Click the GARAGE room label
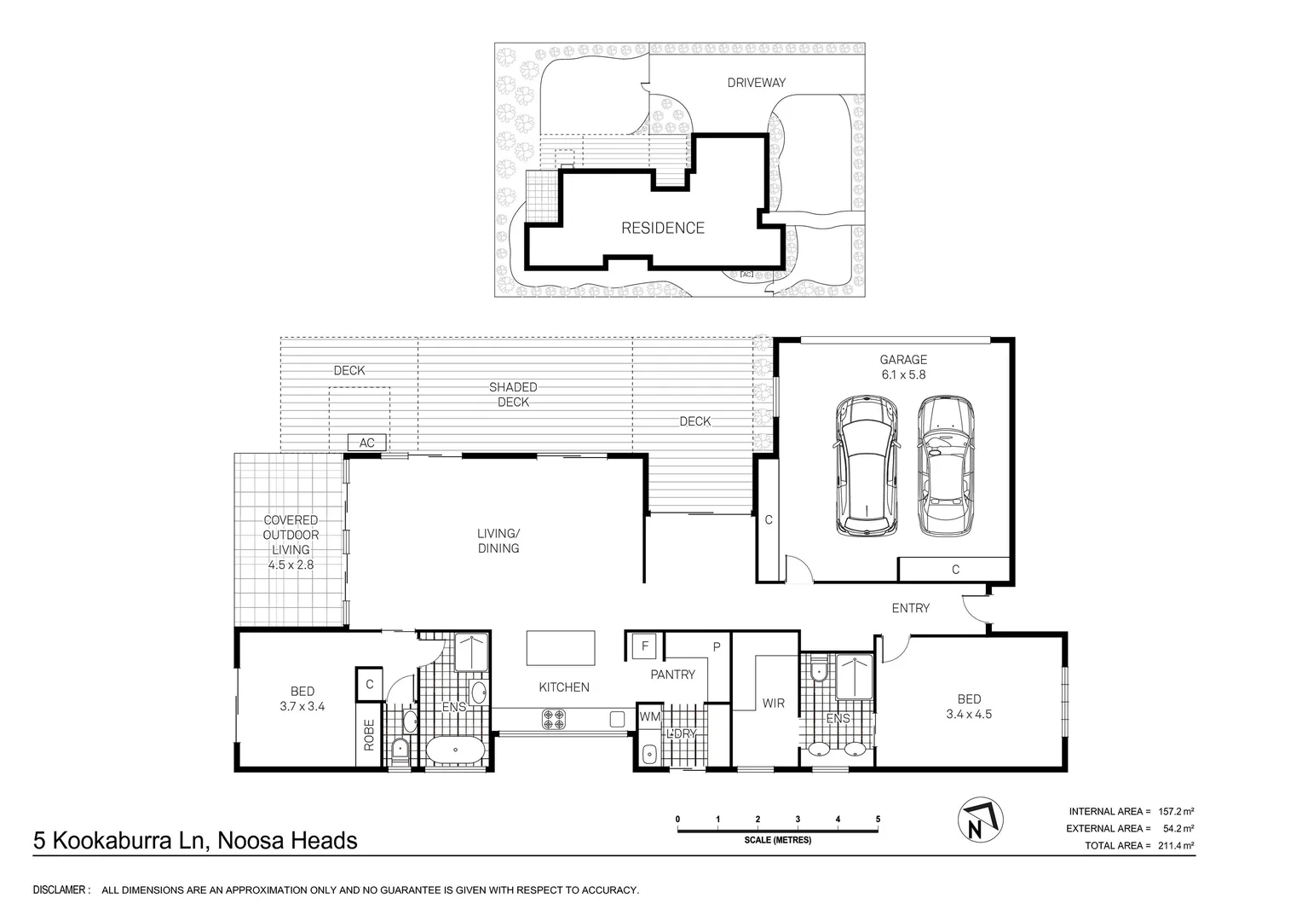(903, 360)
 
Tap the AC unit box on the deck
(366, 443)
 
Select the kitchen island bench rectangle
(561, 648)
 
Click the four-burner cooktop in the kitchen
(553, 719)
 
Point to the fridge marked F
(644, 646)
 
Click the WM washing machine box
(649, 717)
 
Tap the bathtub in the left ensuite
(456, 750)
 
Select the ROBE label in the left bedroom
(369, 735)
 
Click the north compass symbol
(981, 820)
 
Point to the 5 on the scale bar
(878, 820)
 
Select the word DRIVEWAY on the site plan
(756, 83)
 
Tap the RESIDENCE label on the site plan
(663, 228)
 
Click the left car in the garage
(866, 466)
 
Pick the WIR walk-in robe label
(773, 704)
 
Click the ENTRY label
(911, 608)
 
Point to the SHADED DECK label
(513, 395)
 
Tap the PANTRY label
(672, 675)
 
